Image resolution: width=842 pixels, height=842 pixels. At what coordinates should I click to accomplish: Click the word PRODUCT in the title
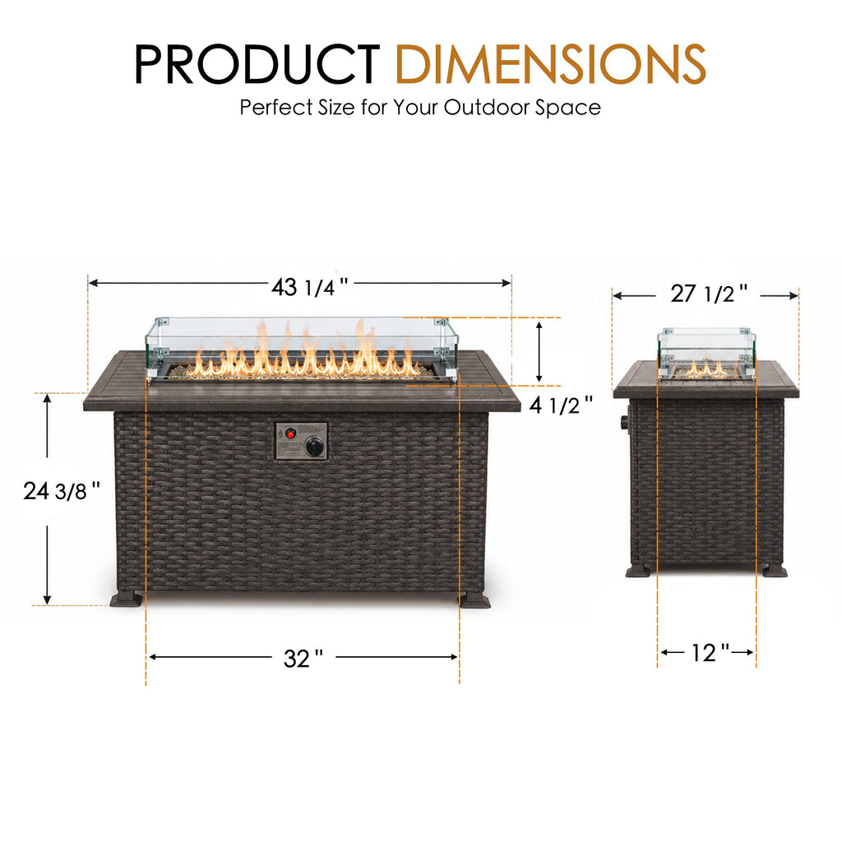(257, 64)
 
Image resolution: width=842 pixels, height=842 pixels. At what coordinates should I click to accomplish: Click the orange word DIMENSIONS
(551, 64)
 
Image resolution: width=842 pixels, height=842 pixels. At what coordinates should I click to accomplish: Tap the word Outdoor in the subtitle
(487, 108)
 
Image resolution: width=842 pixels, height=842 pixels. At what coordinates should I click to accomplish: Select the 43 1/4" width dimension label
(310, 287)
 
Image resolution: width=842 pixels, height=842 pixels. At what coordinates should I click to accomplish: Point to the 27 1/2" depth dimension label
(709, 294)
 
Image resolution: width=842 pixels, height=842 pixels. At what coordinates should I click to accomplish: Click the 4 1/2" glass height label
(561, 405)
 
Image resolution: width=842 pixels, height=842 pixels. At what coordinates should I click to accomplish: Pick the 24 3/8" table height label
(62, 491)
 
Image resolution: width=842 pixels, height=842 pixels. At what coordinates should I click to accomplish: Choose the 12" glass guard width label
(710, 653)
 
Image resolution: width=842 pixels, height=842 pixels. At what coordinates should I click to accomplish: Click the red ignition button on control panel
(290, 433)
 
